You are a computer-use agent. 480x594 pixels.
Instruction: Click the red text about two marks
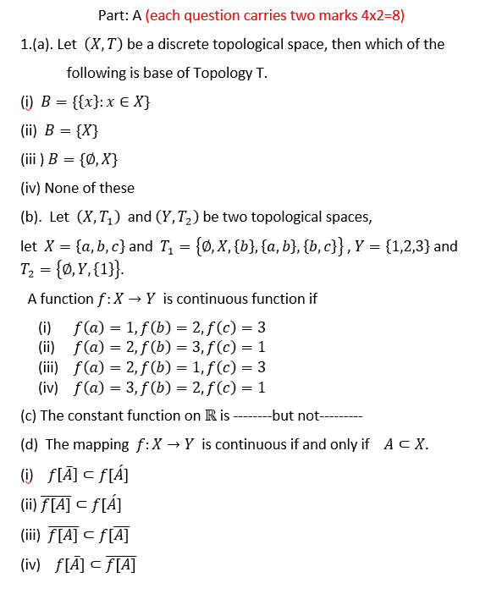pos(270,15)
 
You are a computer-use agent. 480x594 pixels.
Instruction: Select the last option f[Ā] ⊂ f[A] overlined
pos(96,564)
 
